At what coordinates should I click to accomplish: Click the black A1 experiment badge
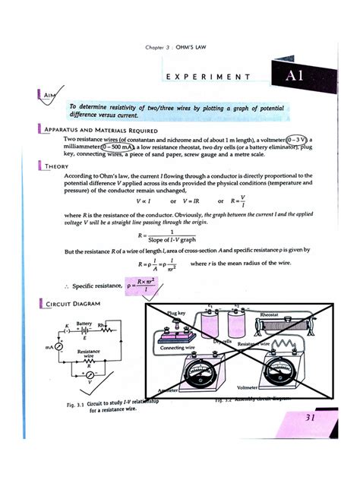coord(294,76)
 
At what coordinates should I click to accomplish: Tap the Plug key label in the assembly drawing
coord(175,312)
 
